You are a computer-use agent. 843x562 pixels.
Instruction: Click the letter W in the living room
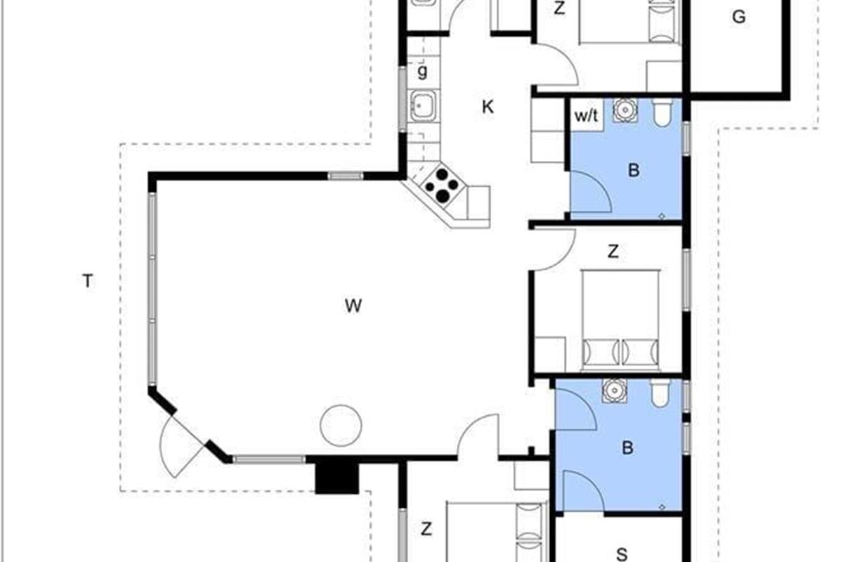pyautogui.click(x=353, y=306)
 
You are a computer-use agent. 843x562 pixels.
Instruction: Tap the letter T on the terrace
pyautogui.click(x=87, y=281)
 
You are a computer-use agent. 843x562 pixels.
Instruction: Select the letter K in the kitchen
pyautogui.click(x=488, y=107)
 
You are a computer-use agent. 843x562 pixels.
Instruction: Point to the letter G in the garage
pyautogui.click(x=739, y=17)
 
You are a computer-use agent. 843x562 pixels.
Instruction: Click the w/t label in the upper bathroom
pyautogui.click(x=587, y=116)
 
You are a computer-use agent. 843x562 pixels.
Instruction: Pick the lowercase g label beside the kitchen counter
pyautogui.click(x=422, y=72)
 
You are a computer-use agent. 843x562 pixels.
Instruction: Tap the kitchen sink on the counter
pyautogui.click(x=424, y=106)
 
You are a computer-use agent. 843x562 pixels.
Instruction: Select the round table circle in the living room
pyautogui.click(x=341, y=425)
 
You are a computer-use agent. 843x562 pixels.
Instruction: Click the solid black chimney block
pyautogui.click(x=336, y=477)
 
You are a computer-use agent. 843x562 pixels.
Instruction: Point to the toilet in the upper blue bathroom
pyautogui.click(x=662, y=112)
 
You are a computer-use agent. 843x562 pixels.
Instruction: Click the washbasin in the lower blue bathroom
pyautogui.click(x=615, y=391)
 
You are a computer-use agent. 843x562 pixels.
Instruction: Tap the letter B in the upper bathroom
pyautogui.click(x=634, y=170)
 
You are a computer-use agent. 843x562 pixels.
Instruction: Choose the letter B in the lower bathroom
pyautogui.click(x=627, y=447)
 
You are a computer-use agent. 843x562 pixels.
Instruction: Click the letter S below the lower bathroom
pyautogui.click(x=622, y=554)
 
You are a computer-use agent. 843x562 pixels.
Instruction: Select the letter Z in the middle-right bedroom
pyautogui.click(x=613, y=251)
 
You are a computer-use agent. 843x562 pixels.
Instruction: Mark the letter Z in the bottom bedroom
pyautogui.click(x=426, y=529)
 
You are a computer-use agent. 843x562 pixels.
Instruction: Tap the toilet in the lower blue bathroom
pyautogui.click(x=661, y=393)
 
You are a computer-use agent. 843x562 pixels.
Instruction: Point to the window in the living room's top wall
pyautogui.click(x=345, y=176)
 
